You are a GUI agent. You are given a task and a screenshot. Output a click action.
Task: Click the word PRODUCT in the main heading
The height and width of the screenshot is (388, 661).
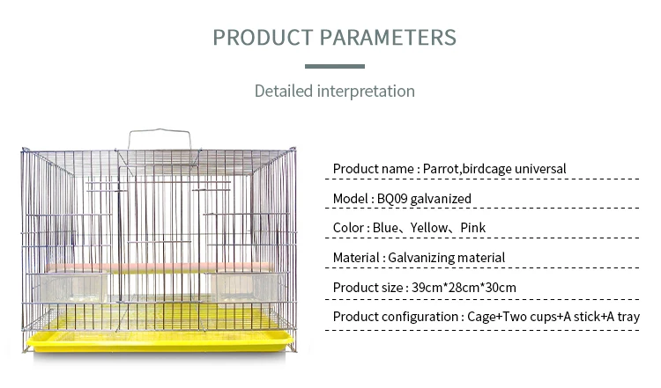click(x=263, y=37)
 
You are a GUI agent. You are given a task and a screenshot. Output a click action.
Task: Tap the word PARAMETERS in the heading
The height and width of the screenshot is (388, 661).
click(x=388, y=37)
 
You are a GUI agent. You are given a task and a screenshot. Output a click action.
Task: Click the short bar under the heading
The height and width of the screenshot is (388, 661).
click(x=335, y=66)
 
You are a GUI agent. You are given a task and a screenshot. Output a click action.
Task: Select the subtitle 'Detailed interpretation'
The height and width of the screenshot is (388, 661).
click(x=335, y=92)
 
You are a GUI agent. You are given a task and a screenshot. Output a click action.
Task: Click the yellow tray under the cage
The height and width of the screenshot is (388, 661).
click(x=160, y=340)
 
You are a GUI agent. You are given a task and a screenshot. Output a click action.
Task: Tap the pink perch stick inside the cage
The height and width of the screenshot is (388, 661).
click(x=160, y=267)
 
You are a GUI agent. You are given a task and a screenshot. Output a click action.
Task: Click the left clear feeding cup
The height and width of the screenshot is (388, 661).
click(x=71, y=288)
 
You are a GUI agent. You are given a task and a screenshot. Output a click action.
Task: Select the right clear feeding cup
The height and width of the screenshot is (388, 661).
click(x=245, y=288)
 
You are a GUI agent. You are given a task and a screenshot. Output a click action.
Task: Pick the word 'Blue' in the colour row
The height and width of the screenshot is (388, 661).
click(x=385, y=228)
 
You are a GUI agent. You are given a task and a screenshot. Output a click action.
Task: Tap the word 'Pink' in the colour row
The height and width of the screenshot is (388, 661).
click(x=473, y=228)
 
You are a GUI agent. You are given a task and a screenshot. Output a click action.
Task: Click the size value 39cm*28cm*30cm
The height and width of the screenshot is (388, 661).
click(x=464, y=288)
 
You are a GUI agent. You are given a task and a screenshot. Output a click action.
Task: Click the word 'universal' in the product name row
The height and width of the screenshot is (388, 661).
click(x=540, y=169)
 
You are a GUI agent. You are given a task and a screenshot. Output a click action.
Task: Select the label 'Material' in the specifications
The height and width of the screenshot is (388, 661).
click(x=356, y=258)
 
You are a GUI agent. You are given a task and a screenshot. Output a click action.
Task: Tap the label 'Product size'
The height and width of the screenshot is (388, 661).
click(x=368, y=288)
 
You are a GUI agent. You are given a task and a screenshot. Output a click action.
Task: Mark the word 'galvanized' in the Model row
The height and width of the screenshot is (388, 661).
click(x=441, y=199)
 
